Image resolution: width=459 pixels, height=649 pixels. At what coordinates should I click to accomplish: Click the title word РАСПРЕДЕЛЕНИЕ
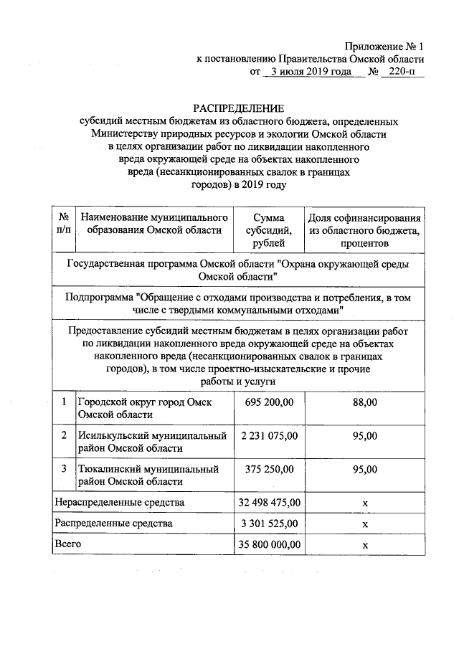(x=238, y=108)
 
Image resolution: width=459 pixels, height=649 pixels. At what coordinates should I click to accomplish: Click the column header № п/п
(x=63, y=223)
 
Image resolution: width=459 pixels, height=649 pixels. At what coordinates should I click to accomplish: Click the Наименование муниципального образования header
(x=154, y=223)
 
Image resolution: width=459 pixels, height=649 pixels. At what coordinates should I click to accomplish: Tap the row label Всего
(x=68, y=544)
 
